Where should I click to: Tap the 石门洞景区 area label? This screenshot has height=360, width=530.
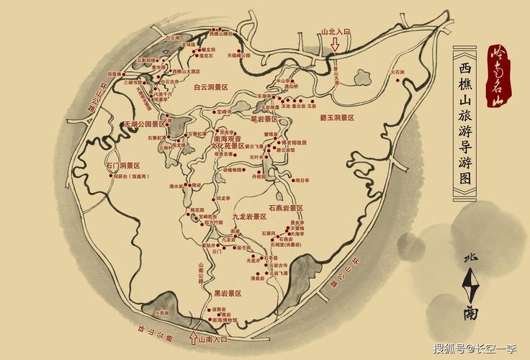[122, 166]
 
